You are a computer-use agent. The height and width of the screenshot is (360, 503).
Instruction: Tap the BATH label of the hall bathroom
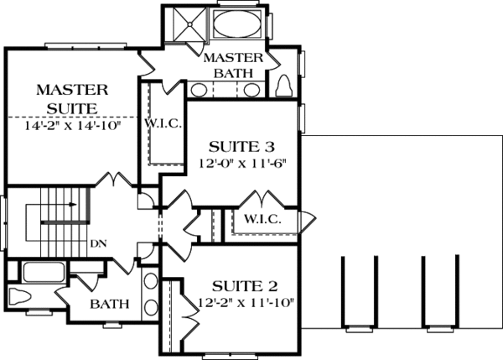(x=109, y=302)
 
